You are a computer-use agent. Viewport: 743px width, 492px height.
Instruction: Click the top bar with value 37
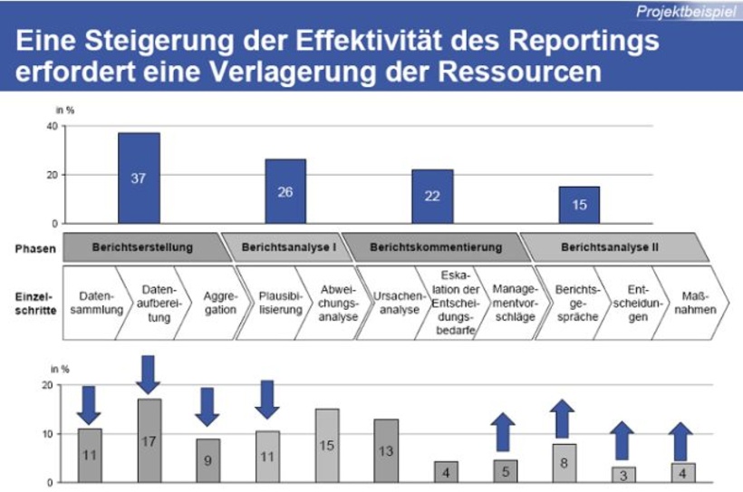coord(139,178)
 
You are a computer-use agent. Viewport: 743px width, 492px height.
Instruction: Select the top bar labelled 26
coord(285,191)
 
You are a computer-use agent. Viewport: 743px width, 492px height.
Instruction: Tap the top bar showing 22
coord(432,197)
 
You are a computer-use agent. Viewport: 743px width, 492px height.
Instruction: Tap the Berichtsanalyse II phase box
coord(609,246)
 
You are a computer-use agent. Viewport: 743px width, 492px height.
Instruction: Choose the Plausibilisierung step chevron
coord(265,302)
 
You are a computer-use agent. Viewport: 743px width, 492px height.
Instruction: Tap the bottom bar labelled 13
coord(386,450)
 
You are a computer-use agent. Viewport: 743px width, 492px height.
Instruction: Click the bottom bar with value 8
coord(564,463)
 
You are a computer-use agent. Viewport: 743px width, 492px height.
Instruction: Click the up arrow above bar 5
coord(505,432)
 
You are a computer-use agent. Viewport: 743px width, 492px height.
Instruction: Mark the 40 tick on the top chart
coord(51,126)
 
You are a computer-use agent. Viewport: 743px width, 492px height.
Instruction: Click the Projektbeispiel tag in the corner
coord(685,12)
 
